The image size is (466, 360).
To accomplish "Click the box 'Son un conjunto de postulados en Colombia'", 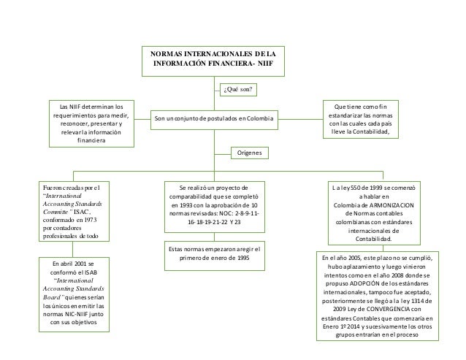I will [212, 119].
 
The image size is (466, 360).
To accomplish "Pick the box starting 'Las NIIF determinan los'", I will [91, 122].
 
